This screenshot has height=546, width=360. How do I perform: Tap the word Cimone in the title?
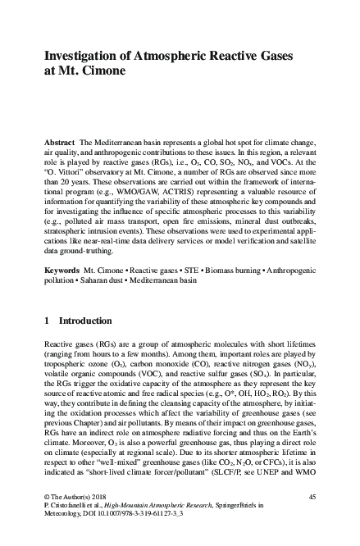[x=102, y=71]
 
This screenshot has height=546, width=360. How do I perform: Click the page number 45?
[x=312, y=497]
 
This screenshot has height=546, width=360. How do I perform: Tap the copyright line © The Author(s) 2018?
[x=76, y=497]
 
